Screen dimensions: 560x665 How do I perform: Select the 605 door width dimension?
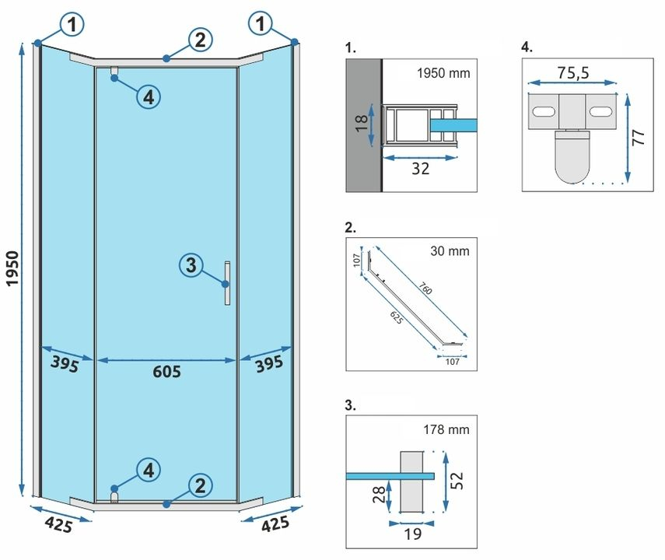(166, 372)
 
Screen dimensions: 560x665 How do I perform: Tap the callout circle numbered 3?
(191, 265)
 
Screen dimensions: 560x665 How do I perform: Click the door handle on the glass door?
(226, 283)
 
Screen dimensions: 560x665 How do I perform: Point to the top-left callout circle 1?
(72, 26)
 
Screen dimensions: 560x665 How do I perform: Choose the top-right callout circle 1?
(261, 26)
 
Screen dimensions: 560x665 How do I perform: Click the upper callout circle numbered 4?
(149, 96)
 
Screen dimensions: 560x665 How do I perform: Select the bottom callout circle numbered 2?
(200, 486)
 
